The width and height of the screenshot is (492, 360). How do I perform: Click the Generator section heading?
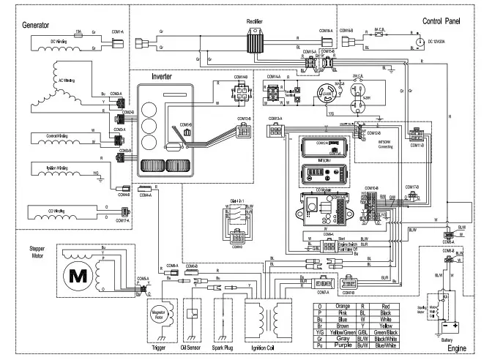(x=25, y=25)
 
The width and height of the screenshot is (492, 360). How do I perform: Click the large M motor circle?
(x=78, y=277)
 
